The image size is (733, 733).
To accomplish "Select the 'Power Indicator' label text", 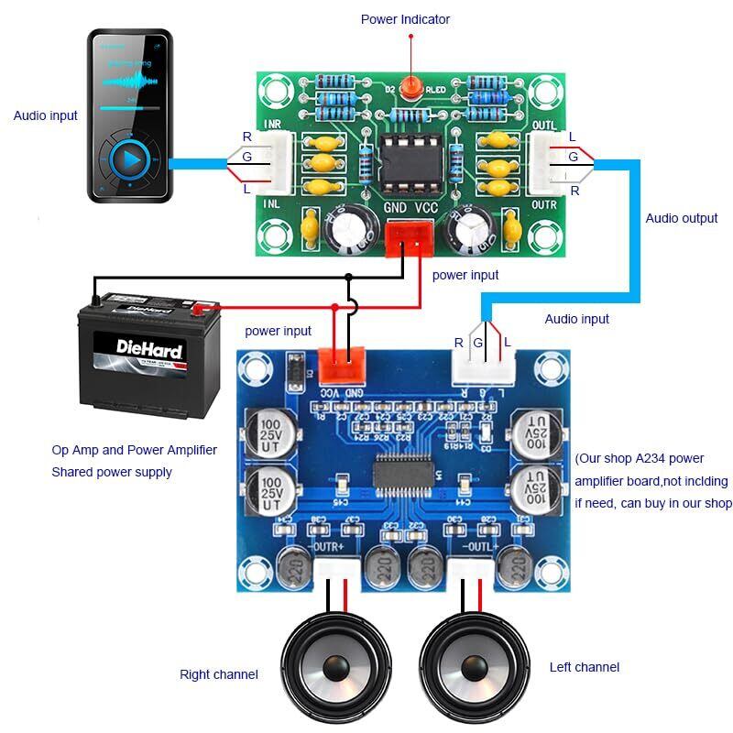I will (x=405, y=19).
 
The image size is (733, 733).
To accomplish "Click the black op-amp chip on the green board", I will (x=405, y=160).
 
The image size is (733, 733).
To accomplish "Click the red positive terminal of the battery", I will (x=198, y=309).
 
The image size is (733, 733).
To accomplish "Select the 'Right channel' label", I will (x=219, y=674).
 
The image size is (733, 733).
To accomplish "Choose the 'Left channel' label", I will (x=585, y=667).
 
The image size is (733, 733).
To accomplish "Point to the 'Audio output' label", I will (x=682, y=218).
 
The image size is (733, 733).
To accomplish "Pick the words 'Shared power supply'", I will (x=112, y=472).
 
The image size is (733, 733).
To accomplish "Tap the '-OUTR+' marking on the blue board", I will (x=327, y=547).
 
